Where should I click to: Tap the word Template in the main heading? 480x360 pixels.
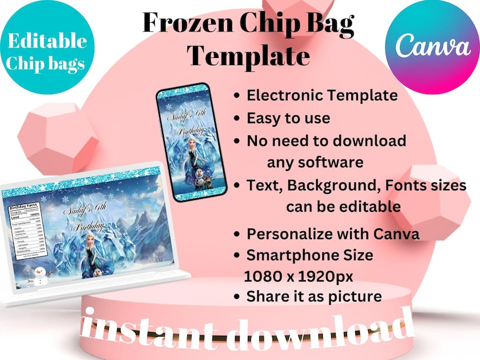[248, 56]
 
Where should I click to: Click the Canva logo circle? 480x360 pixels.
[433, 47]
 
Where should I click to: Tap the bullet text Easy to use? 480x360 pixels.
[288, 118]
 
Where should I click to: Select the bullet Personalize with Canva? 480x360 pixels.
[333, 234]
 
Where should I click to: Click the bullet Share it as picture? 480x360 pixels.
[314, 297]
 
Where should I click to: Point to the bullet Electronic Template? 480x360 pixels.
[322, 95]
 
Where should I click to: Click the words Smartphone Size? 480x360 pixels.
[310, 255]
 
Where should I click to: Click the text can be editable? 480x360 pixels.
[343, 207]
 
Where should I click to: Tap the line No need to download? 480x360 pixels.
[326, 141]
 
